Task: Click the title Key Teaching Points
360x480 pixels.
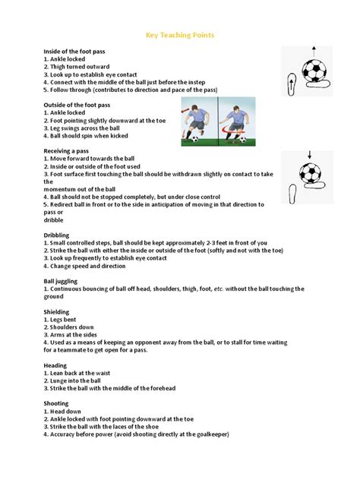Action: [180, 34]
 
